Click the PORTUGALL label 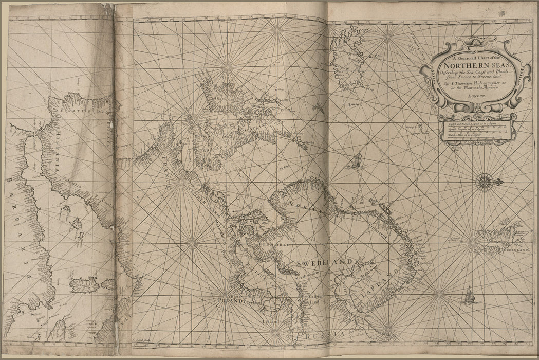pos(77,111)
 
